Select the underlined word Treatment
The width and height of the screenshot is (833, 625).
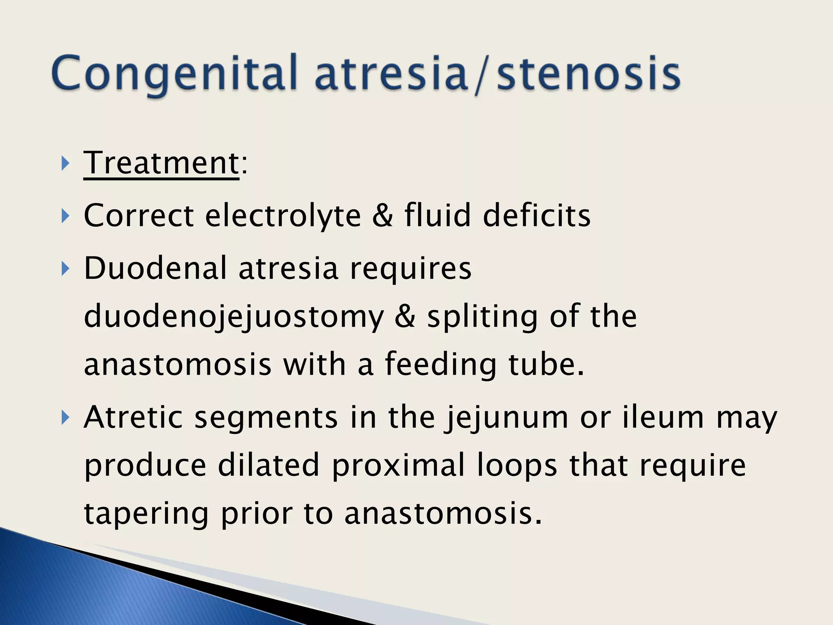[161, 163]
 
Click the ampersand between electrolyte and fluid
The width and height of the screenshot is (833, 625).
[382, 215]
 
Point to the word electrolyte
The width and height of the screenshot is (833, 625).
[283, 215]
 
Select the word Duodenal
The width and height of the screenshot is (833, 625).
[155, 268]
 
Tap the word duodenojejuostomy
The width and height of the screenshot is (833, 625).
[233, 317]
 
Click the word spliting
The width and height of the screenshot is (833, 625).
[482, 317]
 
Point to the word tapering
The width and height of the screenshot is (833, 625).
[146, 514]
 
